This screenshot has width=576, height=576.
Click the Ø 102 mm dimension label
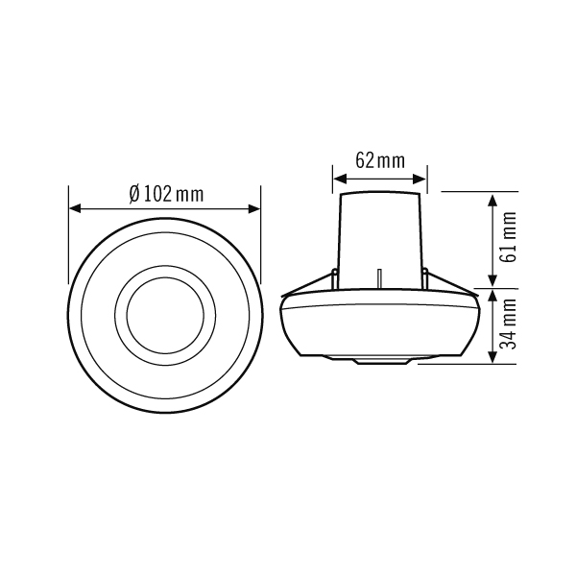[166, 194]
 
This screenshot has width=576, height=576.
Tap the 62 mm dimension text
[380, 160]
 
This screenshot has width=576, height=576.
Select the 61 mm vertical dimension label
[509, 236]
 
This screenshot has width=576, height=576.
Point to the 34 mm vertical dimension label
[509, 324]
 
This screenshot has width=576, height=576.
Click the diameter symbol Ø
[134, 194]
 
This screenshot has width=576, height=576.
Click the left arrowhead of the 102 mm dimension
[75, 209]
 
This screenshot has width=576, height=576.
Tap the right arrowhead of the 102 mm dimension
[254, 209]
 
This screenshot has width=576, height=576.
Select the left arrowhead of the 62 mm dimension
[340, 180]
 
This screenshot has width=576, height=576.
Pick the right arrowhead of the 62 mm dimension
[420, 180]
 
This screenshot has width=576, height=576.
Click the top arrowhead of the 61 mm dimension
[492, 201]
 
